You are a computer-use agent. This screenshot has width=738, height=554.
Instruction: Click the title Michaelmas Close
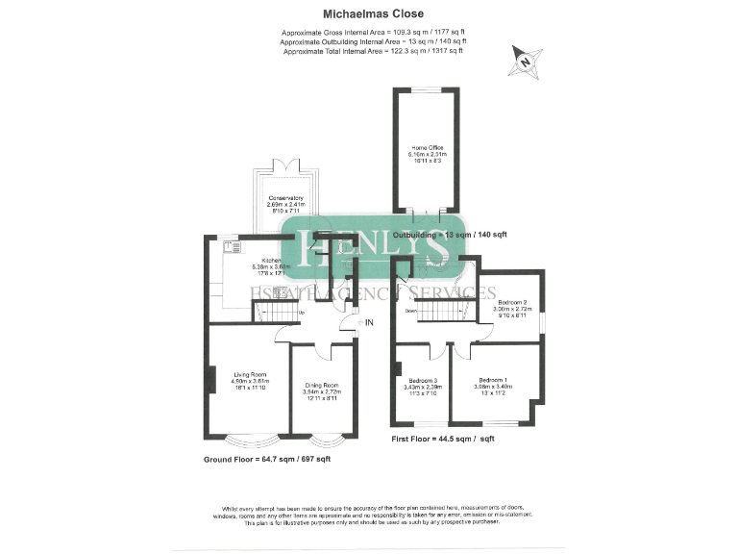pyautogui.click(x=369, y=16)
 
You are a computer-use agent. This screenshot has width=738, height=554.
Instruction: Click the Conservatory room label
pyautogui.click(x=285, y=198)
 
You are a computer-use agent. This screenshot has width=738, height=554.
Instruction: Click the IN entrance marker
pyautogui.click(x=368, y=323)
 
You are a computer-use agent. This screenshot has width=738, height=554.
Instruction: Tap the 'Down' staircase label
pyautogui.click(x=410, y=311)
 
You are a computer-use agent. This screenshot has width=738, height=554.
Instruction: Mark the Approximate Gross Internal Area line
pyautogui.click(x=369, y=34)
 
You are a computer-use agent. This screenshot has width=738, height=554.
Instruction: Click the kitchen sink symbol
pyautogui.click(x=231, y=248)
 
